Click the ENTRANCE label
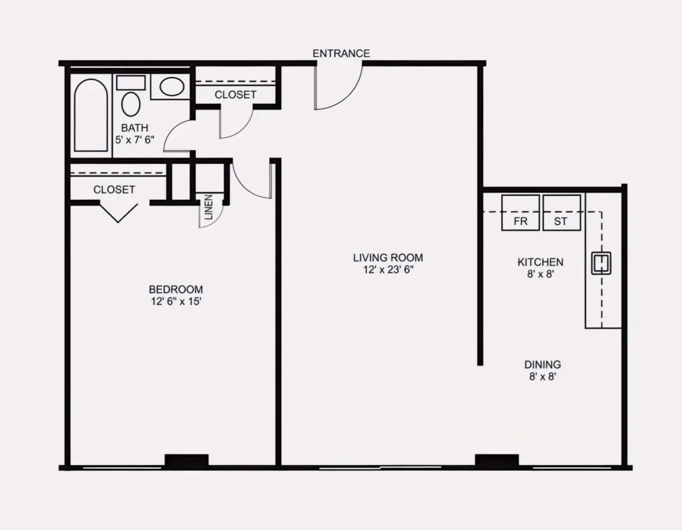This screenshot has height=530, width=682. point(341,53)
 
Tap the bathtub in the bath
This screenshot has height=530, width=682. point(91,115)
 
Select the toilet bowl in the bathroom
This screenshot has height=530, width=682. point(131,104)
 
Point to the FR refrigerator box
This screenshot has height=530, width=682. point(521,213)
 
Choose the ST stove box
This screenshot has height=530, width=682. point(562,213)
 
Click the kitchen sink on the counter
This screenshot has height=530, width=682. point(601,263)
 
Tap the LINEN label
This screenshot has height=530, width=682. point(209,207)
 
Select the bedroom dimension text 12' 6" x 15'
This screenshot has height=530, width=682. point(176,301)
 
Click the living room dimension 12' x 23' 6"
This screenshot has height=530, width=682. point(388,270)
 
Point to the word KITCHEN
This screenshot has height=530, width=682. point(540,262)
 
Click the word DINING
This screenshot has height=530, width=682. point(543,365)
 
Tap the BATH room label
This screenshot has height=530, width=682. point(135,128)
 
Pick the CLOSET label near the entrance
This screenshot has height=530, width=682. point(235,94)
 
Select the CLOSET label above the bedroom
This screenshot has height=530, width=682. point(114,189)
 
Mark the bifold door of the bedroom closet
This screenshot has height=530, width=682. point(118,213)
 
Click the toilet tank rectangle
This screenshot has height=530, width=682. point(131,82)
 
